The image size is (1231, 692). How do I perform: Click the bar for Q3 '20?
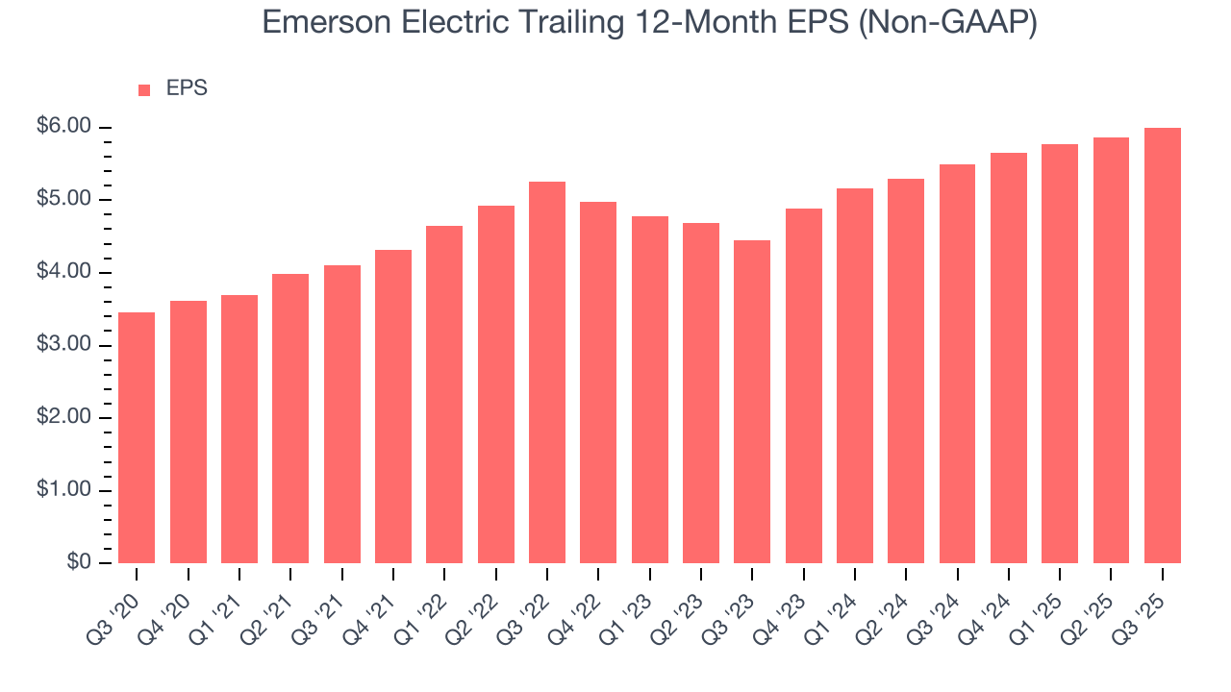click(x=137, y=437)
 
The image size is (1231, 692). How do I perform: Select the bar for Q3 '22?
click(x=547, y=372)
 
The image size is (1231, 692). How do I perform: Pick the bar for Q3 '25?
click(x=1162, y=345)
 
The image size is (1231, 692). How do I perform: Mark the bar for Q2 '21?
click(x=290, y=418)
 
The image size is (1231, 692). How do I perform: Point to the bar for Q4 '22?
click(x=598, y=382)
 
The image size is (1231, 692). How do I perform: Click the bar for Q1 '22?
click(x=444, y=394)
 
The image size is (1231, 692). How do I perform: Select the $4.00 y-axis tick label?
click(x=63, y=273)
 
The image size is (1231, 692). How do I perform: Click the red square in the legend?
click(x=144, y=90)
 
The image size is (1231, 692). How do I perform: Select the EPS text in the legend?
click(x=187, y=89)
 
